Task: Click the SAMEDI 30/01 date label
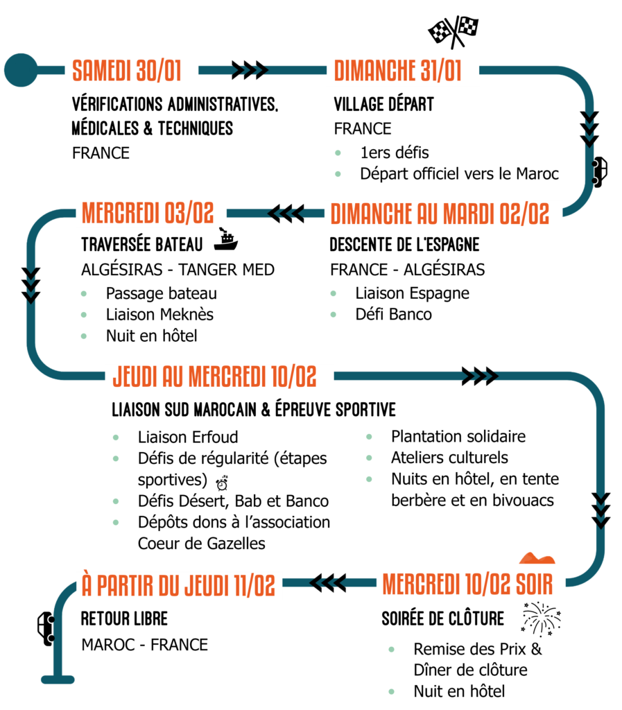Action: pos(131,72)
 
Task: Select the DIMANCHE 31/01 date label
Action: pos(402,71)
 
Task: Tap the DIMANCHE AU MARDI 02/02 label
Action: pos(442,214)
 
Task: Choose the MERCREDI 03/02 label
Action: pos(150,213)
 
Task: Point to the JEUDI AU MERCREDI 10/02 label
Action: pos(218,377)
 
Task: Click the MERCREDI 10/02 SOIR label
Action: pos(470,585)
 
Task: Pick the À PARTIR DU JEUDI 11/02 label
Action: pos(178,585)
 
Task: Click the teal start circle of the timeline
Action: pos(21,70)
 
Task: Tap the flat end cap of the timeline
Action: pos(58,679)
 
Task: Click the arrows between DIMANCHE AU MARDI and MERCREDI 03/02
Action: pos(283,213)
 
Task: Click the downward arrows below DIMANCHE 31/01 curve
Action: pos(589,130)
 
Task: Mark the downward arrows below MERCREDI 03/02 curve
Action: pos(31,286)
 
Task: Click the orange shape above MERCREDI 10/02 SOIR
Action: pos(537,558)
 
